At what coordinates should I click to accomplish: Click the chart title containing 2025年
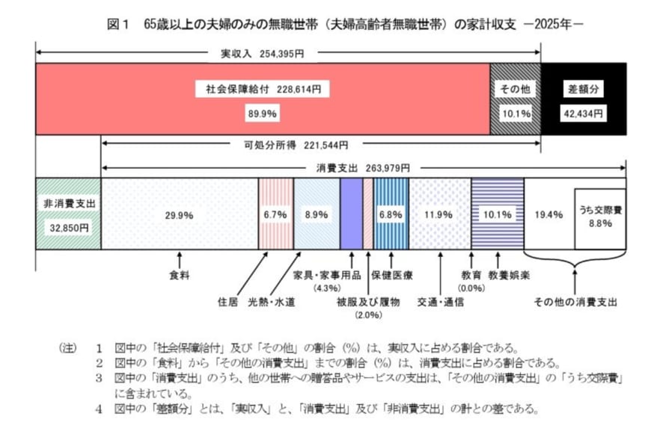tap(345, 24)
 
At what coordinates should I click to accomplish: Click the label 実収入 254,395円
tap(262, 54)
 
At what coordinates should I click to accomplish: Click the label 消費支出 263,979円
tap(358, 168)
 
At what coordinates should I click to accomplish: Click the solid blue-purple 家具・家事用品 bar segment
tap(351, 213)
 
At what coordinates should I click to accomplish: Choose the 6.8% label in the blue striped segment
tap(391, 214)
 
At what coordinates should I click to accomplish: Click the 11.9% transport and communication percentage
tap(438, 215)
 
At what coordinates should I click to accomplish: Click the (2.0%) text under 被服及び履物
tap(369, 314)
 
